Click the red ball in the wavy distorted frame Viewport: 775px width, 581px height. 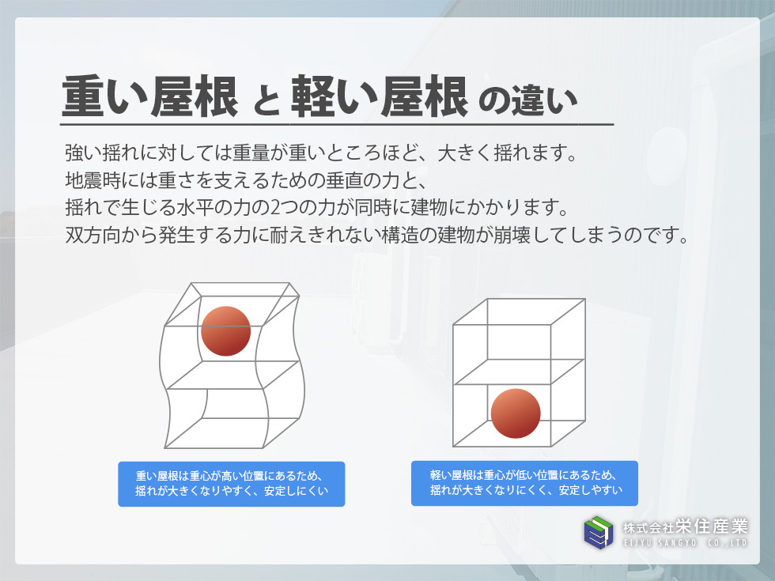pyautogui.click(x=226, y=331)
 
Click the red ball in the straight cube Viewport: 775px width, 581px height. pyautogui.click(x=516, y=413)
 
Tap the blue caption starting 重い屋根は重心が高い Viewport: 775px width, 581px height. pyautogui.click(x=231, y=484)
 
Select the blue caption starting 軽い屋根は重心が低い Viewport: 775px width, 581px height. pyautogui.click(x=524, y=483)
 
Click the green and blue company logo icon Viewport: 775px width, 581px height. pyautogui.click(x=599, y=533)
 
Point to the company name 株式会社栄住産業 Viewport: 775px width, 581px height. pyautogui.click(x=686, y=526)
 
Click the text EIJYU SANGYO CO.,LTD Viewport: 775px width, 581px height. pyautogui.click(x=686, y=543)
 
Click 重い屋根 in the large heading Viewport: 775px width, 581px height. pyautogui.click(x=149, y=96)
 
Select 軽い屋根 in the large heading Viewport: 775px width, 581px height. pyautogui.click(x=379, y=96)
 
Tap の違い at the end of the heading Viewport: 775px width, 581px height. pyautogui.click(x=528, y=101)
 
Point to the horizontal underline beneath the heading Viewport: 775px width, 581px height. pyautogui.click(x=337, y=125)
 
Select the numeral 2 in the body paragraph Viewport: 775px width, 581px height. pyautogui.click(x=275, y=207)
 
